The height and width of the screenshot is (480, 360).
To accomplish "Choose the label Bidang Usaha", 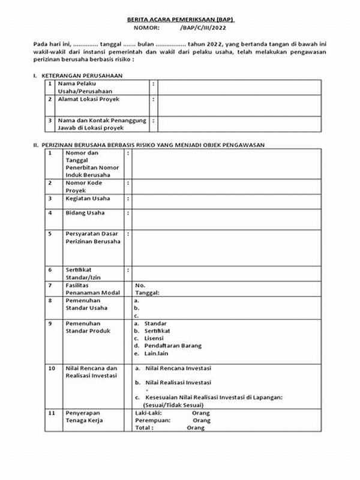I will click(x=85, y=212).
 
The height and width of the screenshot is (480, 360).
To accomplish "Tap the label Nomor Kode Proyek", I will click(x=85, y=186).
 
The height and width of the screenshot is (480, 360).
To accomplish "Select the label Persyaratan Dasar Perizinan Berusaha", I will click(x=92, y=237).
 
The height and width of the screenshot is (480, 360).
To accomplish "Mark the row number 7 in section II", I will click(x=52, y=285).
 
